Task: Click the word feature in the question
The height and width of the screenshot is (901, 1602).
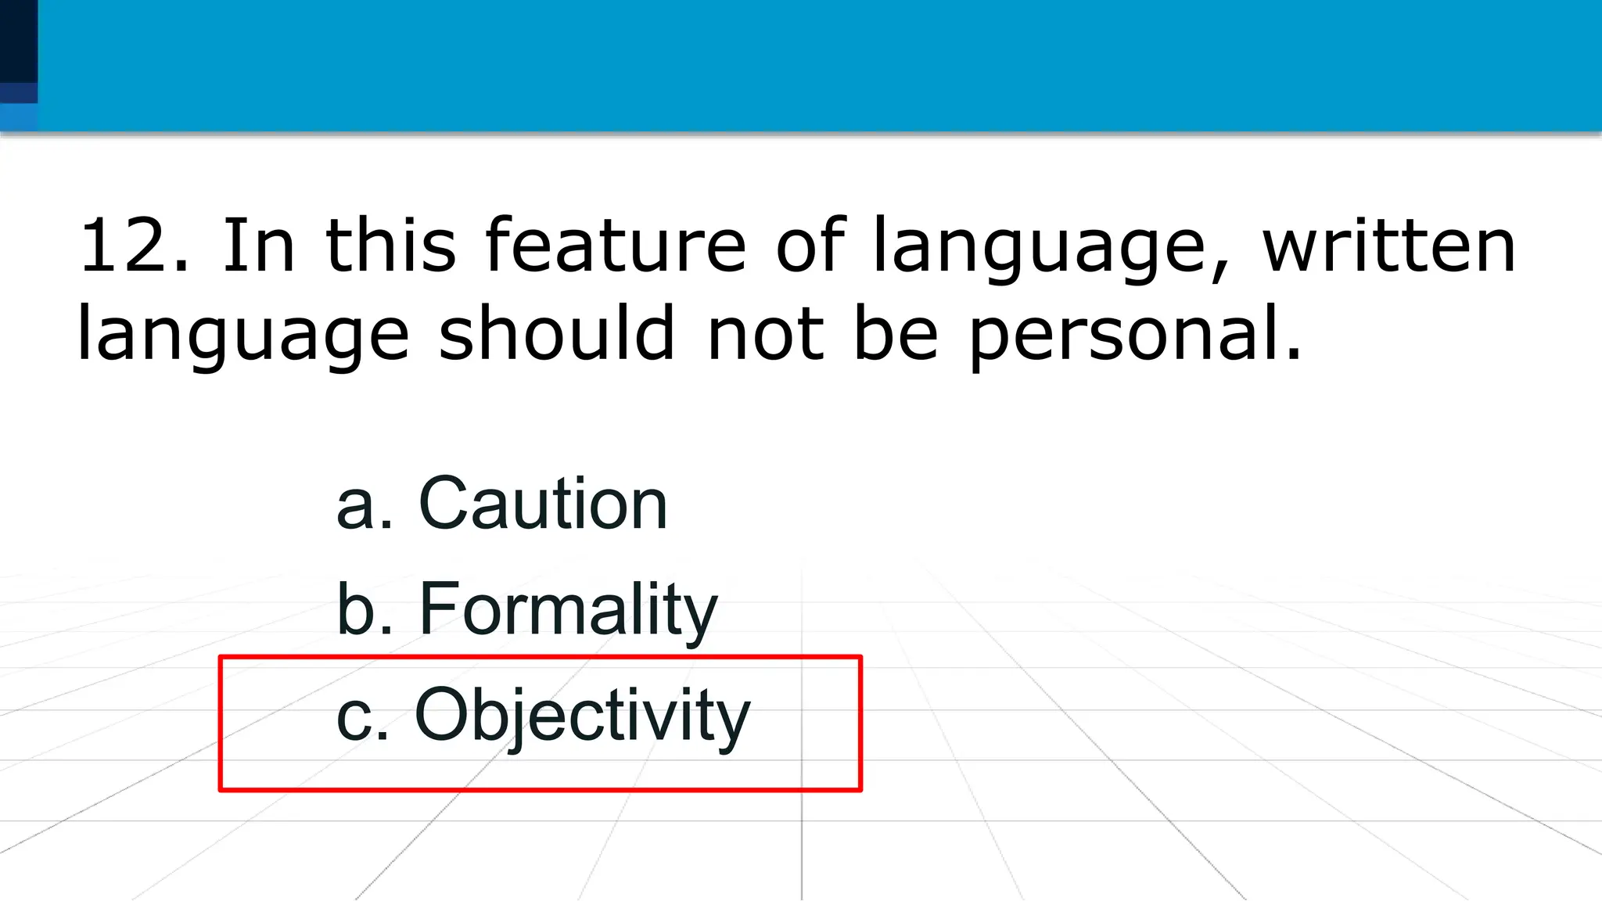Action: (616, 246)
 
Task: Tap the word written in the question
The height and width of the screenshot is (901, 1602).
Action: (1389, 246)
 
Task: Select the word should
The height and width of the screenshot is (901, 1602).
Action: (556, 334)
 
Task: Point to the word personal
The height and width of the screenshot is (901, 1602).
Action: (1134, 336)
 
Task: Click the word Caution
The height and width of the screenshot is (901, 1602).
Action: (543, 504)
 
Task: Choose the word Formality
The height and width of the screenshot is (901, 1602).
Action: (568, 610)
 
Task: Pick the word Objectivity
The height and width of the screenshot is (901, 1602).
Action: (582, 716)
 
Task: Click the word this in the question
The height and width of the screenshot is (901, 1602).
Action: (390, 246)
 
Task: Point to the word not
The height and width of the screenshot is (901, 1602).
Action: (765, 335)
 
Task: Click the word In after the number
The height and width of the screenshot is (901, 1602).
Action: (258, 246)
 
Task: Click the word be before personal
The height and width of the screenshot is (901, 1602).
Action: (896, 334)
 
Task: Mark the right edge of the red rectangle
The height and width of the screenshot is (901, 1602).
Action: (860, 723)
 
